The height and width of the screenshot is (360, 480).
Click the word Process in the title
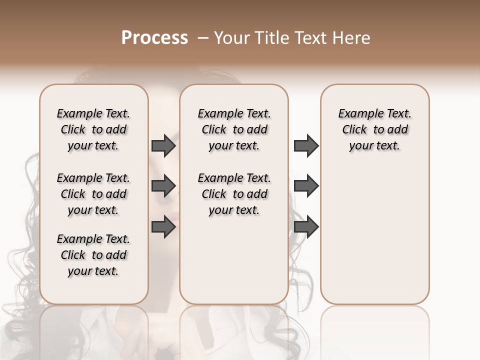tap(154, 38)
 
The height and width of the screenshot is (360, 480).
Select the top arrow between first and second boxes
tap(163, 146)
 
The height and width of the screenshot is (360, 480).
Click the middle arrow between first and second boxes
tap(163, 186)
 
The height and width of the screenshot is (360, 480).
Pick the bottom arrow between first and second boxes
tap(163, 227)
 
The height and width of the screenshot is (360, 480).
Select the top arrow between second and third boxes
tap(306, 146)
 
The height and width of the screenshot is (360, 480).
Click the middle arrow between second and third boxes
tap(306, 186)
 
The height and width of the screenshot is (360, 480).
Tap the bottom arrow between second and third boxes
tap(306, 227)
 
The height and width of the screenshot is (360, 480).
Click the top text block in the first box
tap(93, 129)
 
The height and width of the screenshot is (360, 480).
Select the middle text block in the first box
tap(93, 194)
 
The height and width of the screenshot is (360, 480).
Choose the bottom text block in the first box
tap(93, 255)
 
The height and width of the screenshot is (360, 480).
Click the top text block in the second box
tap(234, 129)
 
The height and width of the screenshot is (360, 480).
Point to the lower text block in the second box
tap(234, 194)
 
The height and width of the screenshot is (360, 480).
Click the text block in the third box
tap(374, 129)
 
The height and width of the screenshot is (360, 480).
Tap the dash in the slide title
tap(203, 38)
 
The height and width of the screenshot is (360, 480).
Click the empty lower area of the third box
tap(374, 235)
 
